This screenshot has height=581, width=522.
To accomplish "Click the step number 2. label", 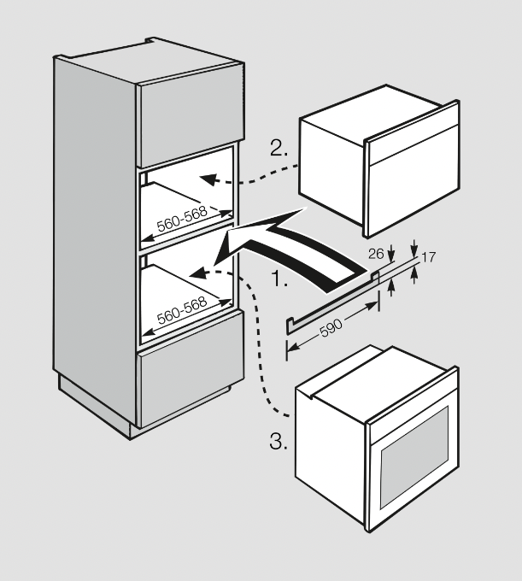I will (x=279, y=148).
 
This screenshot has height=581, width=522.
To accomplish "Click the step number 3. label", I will (x=279, y=442).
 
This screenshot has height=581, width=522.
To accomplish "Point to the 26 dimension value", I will (x=375, y=254).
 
